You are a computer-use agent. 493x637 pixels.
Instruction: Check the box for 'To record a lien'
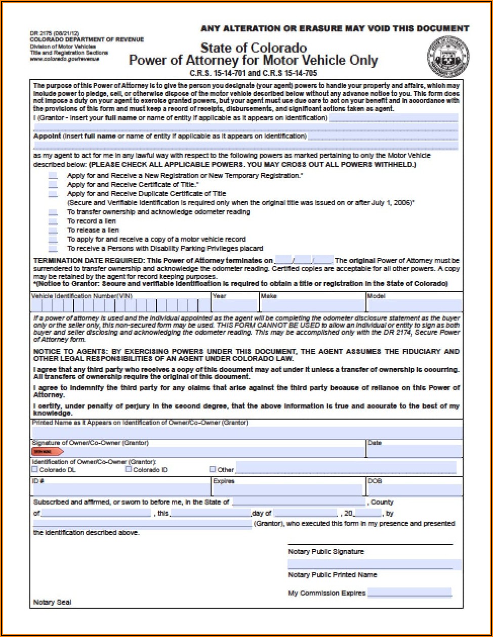53,221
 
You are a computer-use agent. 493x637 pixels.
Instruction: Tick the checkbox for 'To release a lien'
53,231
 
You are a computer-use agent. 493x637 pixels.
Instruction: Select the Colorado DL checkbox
35,469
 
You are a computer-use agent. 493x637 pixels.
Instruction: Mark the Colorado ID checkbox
129,469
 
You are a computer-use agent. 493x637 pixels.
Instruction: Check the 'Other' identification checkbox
213,469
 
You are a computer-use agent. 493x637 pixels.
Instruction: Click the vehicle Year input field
235,305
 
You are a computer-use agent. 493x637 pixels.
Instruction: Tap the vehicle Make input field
312,305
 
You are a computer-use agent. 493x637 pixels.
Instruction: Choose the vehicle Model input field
414,305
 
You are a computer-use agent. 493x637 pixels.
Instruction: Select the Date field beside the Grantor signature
414,451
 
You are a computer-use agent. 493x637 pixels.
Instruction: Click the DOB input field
414,490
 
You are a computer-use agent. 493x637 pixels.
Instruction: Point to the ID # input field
121,490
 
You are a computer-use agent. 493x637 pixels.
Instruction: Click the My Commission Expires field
409,593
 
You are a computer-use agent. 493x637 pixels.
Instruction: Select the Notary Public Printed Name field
374,564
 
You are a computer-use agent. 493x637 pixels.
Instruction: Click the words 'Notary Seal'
52,602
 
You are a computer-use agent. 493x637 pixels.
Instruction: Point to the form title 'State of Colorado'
254,48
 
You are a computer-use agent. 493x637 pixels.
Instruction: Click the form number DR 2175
40,33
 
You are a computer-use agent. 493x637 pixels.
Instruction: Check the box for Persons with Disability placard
53,249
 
